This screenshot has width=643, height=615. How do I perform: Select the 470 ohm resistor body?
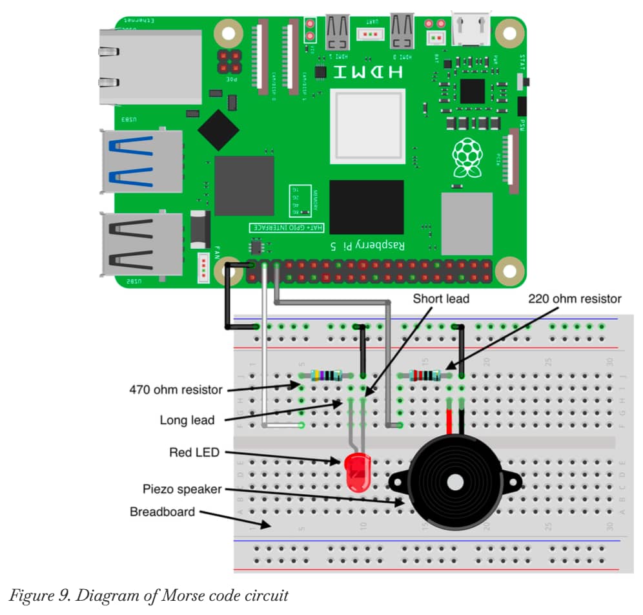[326, 375]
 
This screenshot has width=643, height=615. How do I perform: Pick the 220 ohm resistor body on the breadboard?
[426, 375]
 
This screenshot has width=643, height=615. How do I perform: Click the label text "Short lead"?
[442, 298]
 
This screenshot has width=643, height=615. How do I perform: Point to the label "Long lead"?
[187, 421]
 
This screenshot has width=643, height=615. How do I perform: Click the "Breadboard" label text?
[163, 512]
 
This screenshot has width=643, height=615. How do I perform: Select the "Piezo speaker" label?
[182, 488]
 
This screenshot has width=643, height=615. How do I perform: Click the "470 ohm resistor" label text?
[176, 390]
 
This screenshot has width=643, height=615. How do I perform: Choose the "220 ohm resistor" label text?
[575, 298]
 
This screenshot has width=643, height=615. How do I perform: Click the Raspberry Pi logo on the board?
[467, 157]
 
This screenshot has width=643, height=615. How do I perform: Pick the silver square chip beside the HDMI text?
[367, 125]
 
